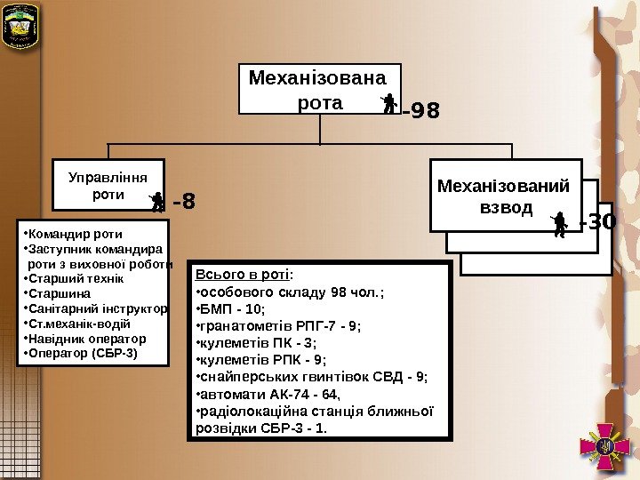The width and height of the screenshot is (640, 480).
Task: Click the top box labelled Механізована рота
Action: [x=319, y=89]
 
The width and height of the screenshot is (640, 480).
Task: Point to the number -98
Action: [x=420, y=112]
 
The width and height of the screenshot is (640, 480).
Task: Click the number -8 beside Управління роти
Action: [x=183, y=203]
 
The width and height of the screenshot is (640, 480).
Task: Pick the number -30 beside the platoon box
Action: [x=596, y=221]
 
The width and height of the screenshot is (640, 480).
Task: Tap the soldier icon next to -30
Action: [x=559, y=224]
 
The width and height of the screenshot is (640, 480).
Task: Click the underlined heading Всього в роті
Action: [x=243, y=275]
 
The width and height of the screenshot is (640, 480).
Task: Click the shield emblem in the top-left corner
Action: [x=20, y=27]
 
